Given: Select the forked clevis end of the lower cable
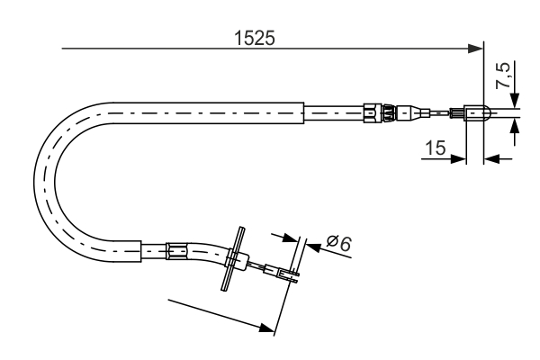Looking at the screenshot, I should coord(290,275).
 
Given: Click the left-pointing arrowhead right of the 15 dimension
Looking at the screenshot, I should coord(491,159).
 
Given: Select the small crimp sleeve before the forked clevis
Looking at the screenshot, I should coord(269,267).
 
